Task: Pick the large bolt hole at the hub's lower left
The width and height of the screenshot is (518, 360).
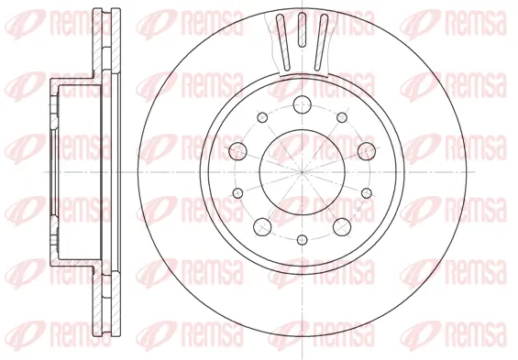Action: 260,225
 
